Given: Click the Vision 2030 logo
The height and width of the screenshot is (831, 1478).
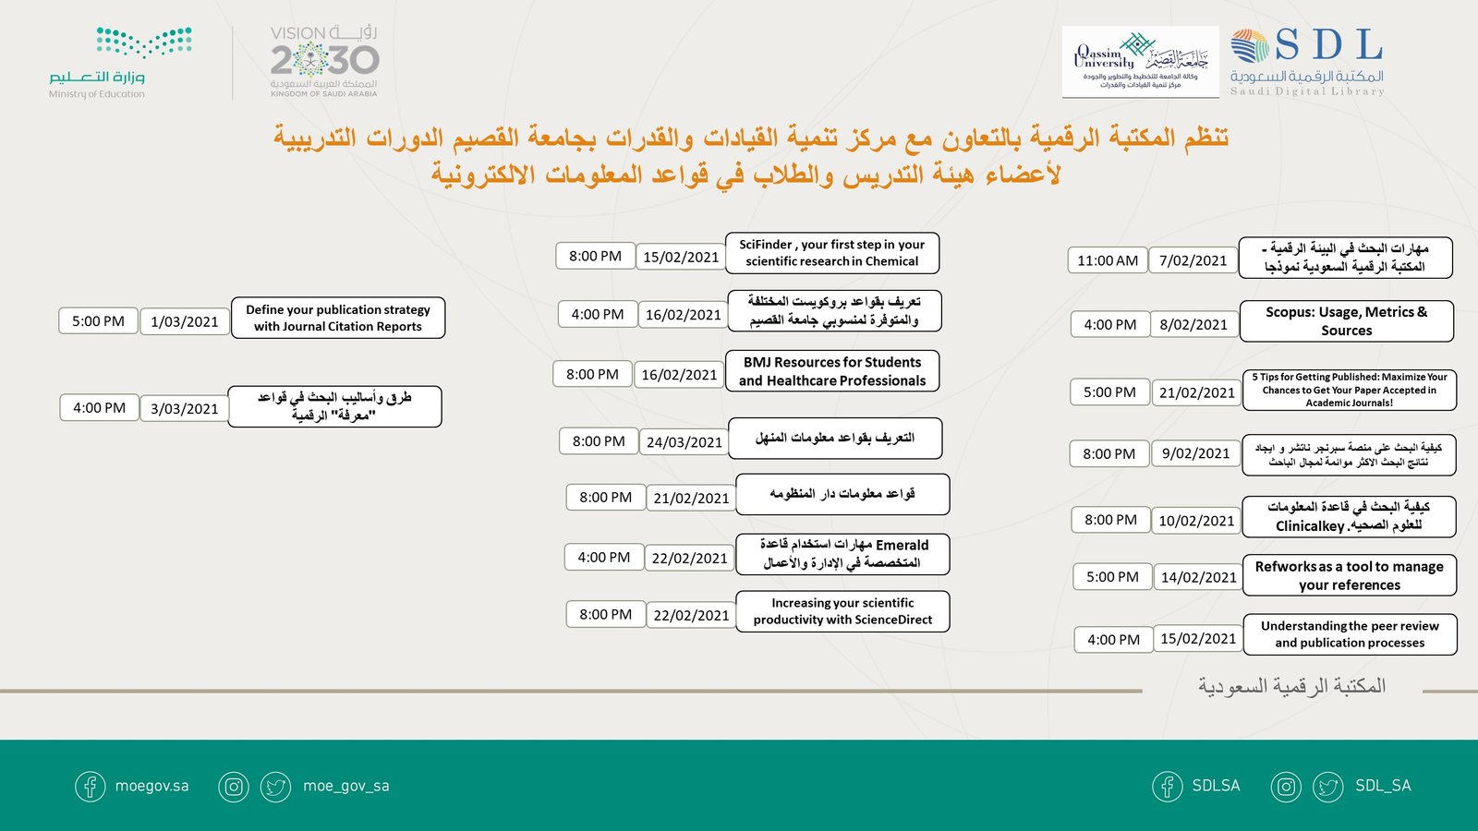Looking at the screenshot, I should point(324,61).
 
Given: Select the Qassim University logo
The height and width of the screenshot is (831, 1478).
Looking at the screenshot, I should point(1140,61).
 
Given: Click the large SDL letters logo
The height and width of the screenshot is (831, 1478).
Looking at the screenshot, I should point(1327,45).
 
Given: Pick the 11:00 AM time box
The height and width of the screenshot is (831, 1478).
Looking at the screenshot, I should point(1107,260).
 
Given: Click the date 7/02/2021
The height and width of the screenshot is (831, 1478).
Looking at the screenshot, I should point(1193,260).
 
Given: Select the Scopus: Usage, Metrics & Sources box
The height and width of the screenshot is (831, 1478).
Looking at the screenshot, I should point(1346,321).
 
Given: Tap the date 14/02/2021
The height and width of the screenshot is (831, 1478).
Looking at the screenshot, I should point(1198,577).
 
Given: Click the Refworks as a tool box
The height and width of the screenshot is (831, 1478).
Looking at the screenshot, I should point(1349,575).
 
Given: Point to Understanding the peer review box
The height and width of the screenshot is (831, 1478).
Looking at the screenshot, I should point(1350,634).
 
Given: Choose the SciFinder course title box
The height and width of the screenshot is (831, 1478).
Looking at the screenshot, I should point(831,253).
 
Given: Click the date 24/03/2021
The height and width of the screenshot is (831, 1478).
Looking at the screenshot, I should point(684,442).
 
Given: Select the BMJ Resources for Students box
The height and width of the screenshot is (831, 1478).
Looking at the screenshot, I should point(831,371).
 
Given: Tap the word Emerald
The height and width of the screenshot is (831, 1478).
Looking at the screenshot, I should point(902,545).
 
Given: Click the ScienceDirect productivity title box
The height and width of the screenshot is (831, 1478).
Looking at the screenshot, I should point(842,611).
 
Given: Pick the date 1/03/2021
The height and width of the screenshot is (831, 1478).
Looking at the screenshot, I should point(185,321).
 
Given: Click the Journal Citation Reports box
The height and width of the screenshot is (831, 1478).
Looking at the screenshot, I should point(338,318).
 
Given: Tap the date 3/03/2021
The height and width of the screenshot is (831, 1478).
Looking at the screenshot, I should point(184,408).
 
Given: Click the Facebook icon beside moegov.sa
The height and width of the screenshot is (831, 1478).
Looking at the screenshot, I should point(91,787).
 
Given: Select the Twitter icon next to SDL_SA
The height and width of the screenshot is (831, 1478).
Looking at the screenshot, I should point(1328,787).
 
